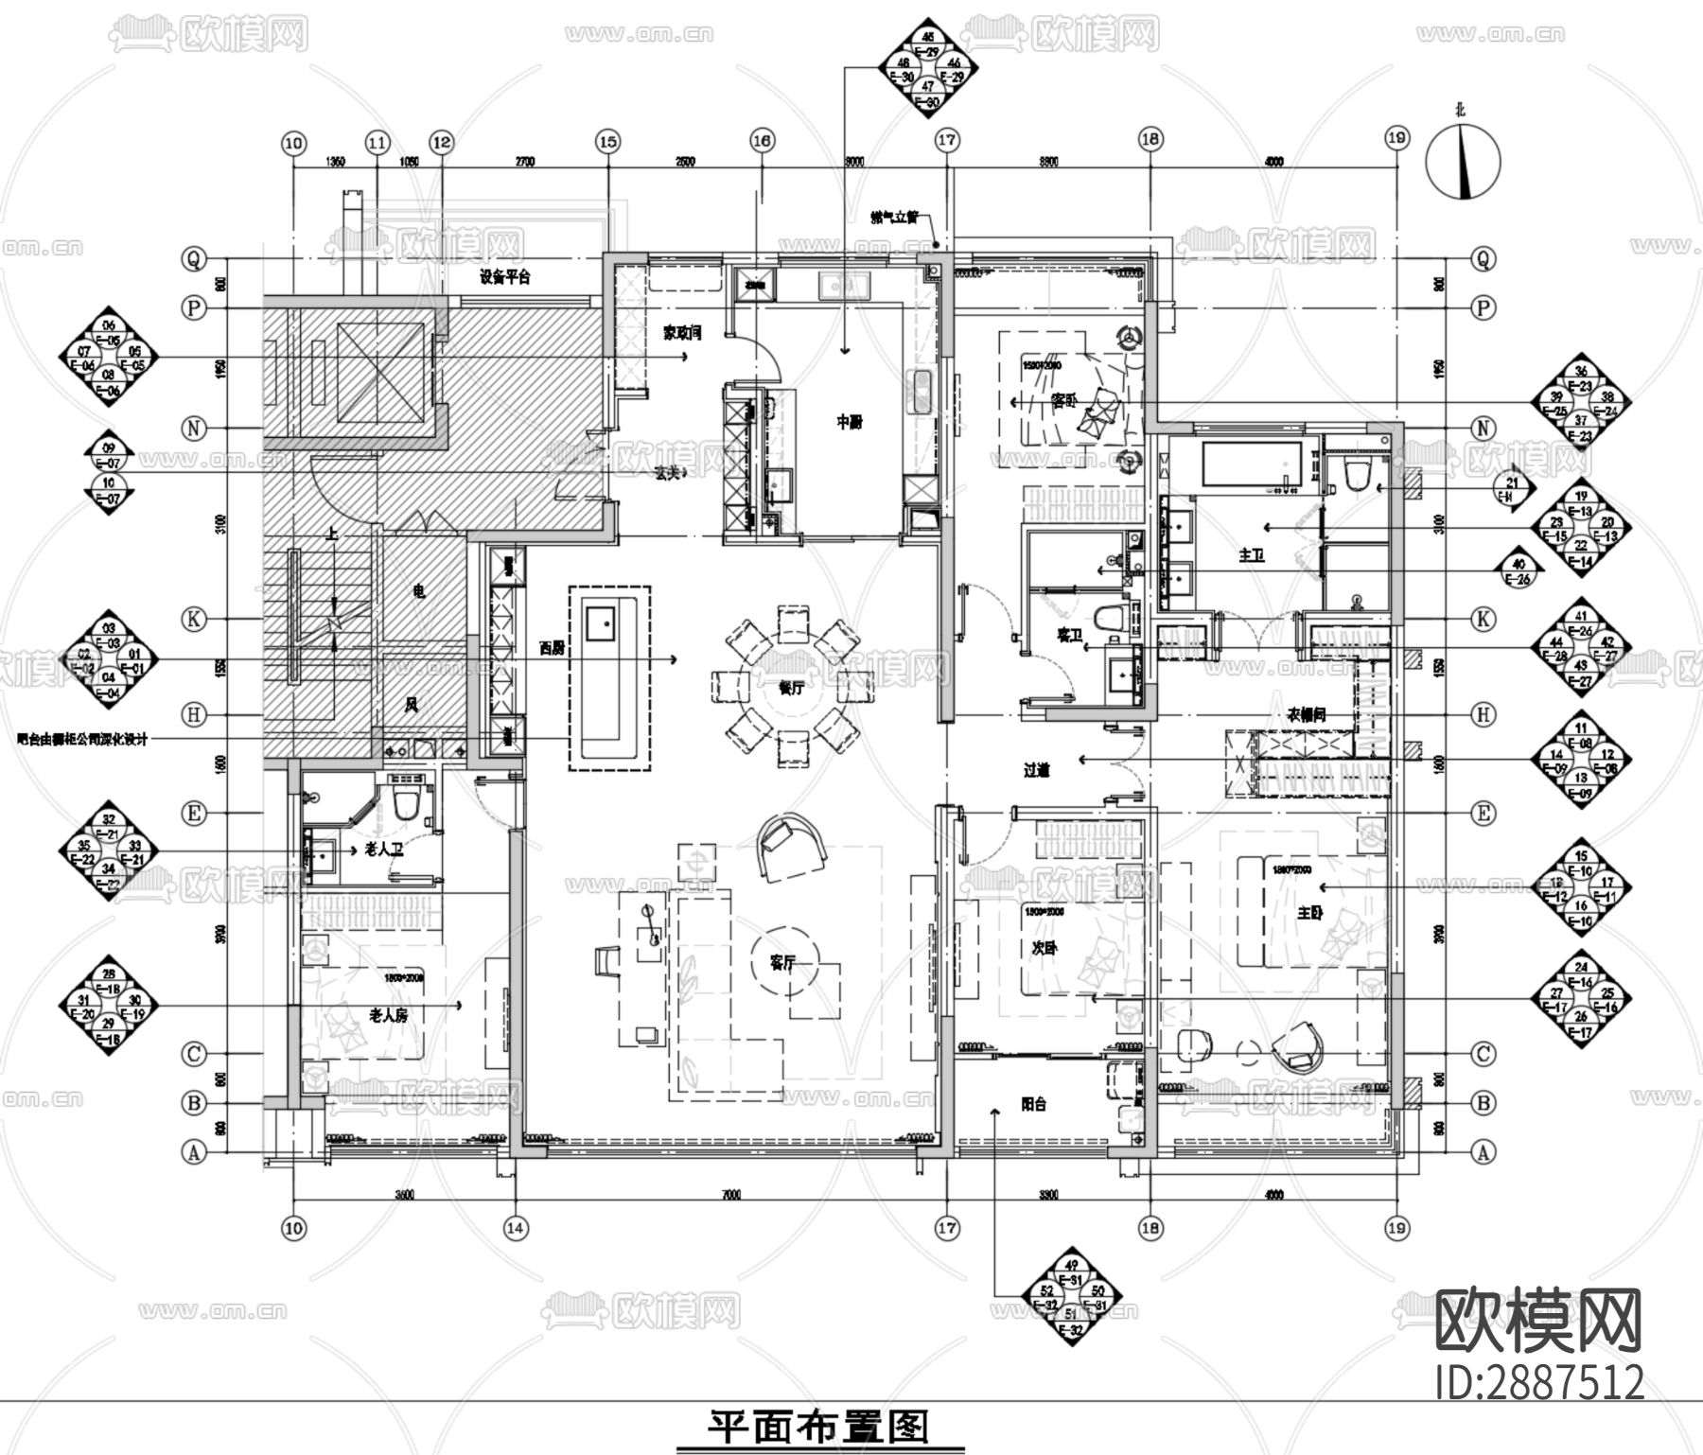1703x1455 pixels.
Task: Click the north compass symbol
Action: (x=1463, y=163)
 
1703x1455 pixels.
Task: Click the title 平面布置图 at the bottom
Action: (x=819, y=1427)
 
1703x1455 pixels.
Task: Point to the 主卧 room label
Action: (x=1309, y=914)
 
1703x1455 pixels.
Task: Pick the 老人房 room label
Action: (x=388, y=1015)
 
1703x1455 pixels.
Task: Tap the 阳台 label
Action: (x=1034, y=1104)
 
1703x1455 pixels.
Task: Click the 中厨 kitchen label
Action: (x=849, y=423)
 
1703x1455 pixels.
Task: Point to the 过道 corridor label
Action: (x=1037, y=771)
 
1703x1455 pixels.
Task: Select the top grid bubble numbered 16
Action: (x=763, y=141)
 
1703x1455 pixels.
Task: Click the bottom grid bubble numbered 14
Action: (x=515, y=1228)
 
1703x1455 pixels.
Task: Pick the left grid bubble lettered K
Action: (x=194, y=619)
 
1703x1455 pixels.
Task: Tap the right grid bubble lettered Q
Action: (x=1483, y=258)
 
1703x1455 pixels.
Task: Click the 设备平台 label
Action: (x=504, y=277)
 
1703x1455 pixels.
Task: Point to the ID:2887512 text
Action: (x=1540, y=1382)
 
